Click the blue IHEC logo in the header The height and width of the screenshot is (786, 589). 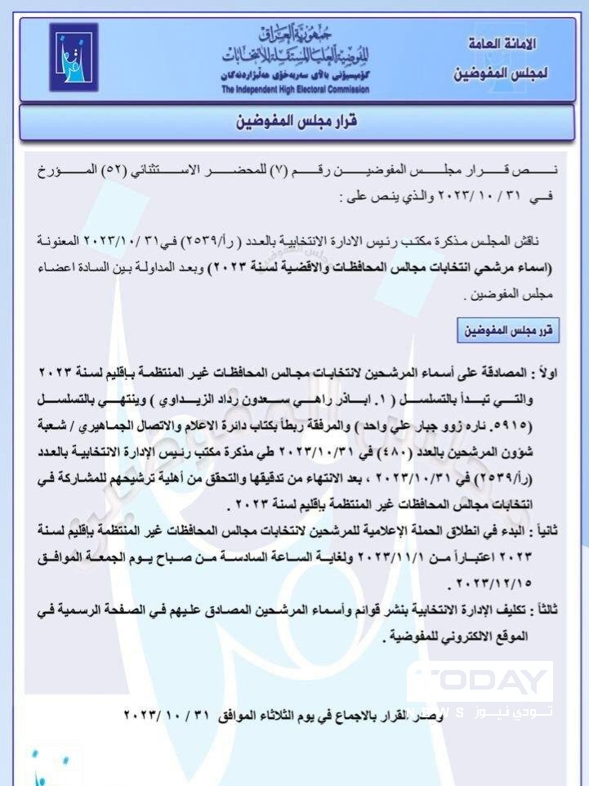pos(74,57)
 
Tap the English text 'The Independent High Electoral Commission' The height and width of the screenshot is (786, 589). pos(295,89)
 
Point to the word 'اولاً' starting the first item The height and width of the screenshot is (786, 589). pos(543,373)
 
